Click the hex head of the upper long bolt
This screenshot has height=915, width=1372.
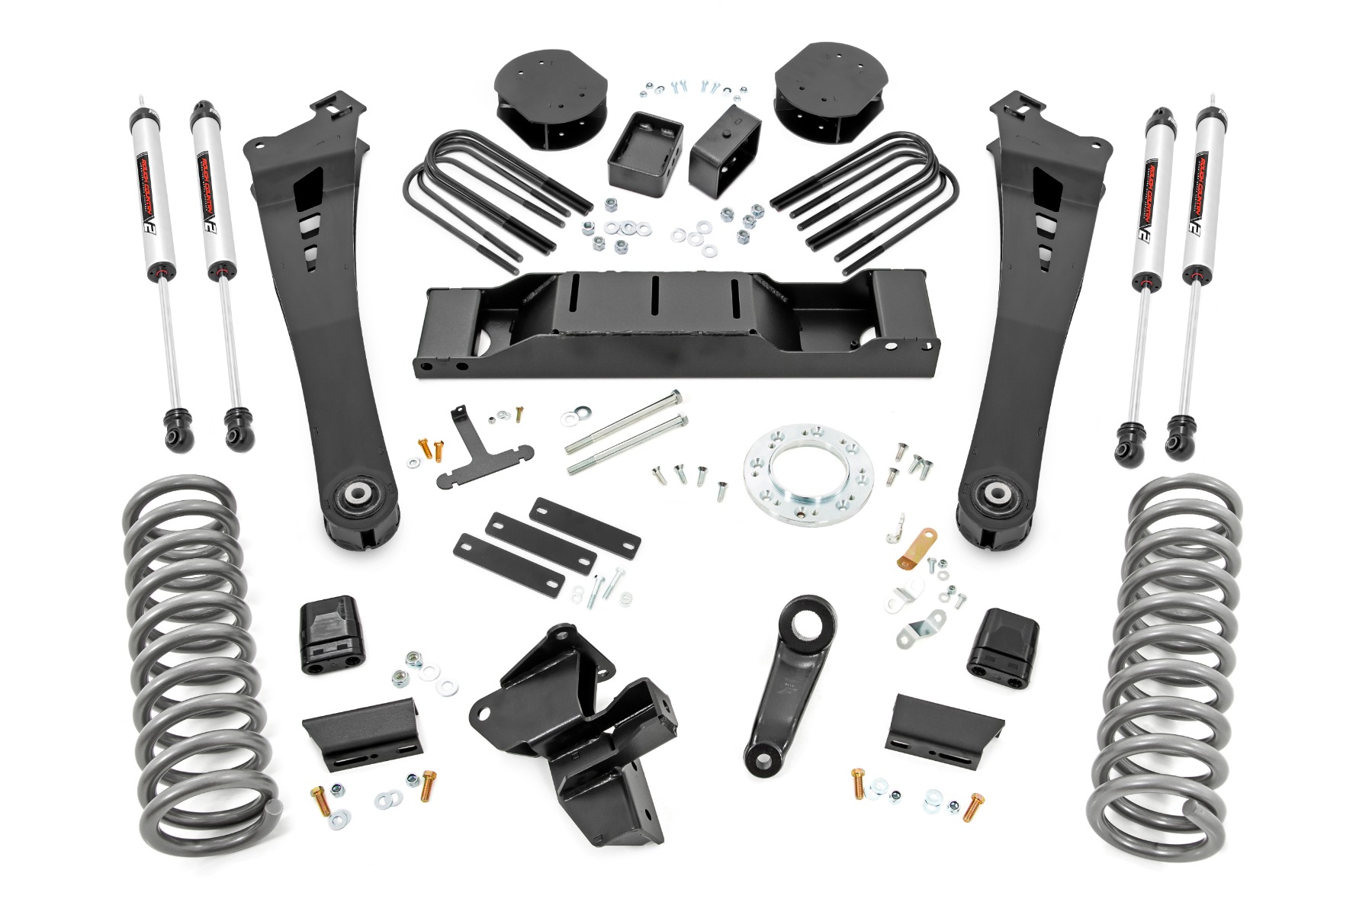(674, 399)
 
